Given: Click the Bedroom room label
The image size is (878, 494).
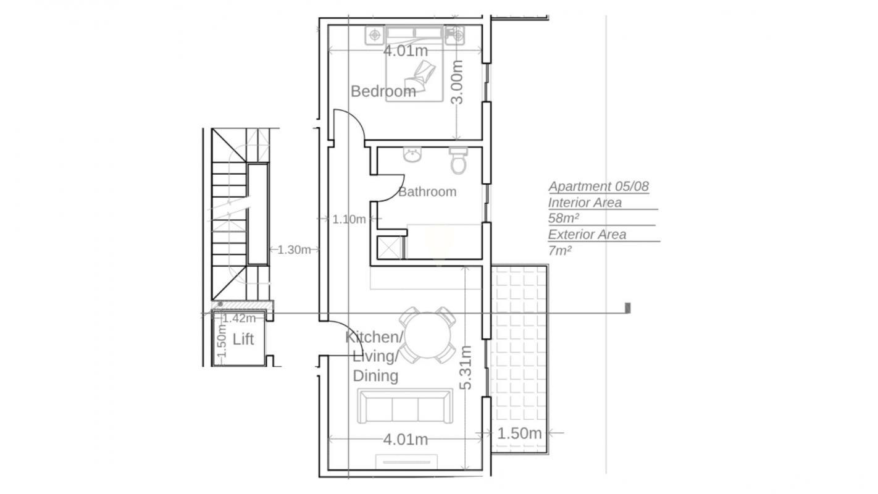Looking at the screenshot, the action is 383,91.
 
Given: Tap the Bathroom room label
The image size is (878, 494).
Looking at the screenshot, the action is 427,191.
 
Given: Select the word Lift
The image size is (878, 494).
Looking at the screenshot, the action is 243,339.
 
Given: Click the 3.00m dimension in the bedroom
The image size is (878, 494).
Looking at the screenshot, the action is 457,82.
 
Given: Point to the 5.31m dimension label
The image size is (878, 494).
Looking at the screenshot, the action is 466,368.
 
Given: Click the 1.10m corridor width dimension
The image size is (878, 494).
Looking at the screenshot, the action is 349,219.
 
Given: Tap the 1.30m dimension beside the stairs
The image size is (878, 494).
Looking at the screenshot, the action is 294,249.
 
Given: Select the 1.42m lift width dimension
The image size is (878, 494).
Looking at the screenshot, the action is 239,318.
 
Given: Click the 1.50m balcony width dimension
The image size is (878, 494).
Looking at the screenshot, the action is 519,433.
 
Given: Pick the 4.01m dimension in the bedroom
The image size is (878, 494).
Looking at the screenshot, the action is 405,51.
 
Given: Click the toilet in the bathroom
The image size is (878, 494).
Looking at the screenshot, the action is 458,161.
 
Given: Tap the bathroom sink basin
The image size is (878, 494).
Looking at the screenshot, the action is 412,155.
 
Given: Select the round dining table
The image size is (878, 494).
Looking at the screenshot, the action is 428,335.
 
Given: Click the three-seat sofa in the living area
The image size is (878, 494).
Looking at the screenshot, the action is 405,406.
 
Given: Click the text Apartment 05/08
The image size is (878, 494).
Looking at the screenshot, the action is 598,186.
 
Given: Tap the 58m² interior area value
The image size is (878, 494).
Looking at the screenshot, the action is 564,218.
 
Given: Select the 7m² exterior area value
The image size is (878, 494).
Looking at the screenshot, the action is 560,250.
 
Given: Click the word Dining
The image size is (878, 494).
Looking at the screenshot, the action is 375,376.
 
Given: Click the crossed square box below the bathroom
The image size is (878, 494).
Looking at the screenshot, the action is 390,248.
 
